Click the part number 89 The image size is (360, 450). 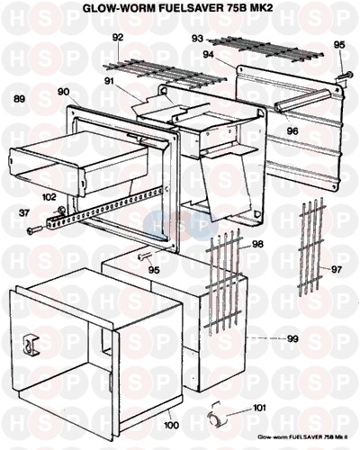pos(20,99)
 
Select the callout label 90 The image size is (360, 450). pos(63,92)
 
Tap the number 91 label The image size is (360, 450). pos(110,81)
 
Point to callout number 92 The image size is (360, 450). pos(118,38)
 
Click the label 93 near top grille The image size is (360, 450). pos(197,39)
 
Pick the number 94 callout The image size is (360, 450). pos(209,55)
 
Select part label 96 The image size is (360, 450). pos(292,130)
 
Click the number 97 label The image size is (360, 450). pos(337,270)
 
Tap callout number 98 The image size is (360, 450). pos(257,244)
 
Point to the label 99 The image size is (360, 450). pos(292,338)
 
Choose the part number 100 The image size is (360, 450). pos(171,425)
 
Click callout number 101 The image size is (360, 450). pos(259,408)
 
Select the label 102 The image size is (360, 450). pos(49,197)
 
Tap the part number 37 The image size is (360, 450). pos(24,213)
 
